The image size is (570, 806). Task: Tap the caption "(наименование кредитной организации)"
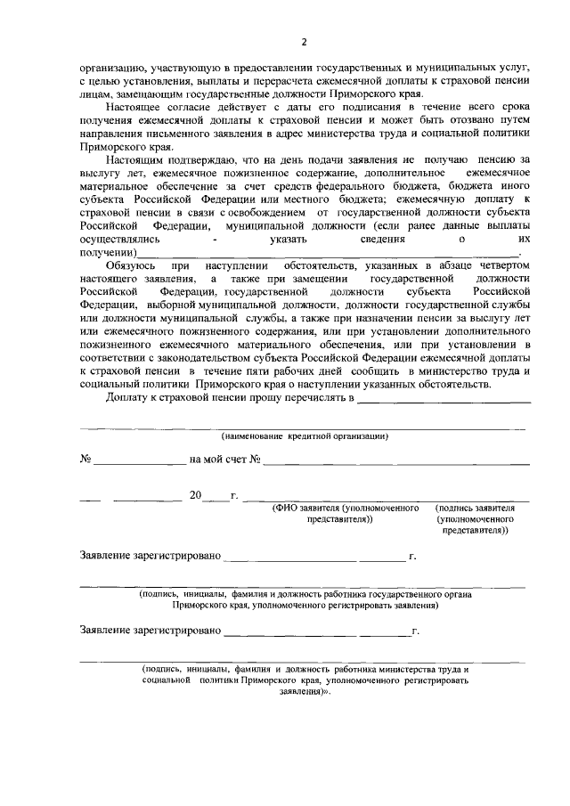[304, 436]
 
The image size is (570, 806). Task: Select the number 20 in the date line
[195, 494]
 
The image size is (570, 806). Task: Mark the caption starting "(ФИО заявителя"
[346, 512]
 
